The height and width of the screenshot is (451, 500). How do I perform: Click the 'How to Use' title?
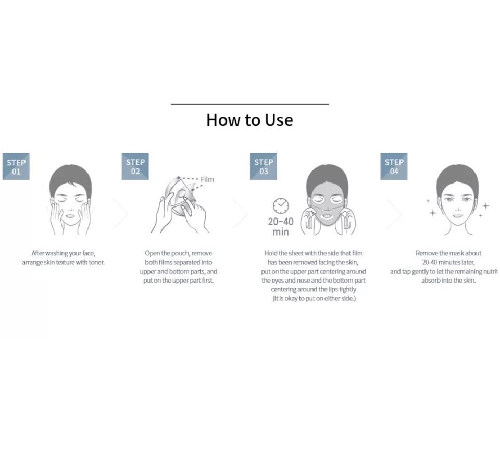(x=249, y=120)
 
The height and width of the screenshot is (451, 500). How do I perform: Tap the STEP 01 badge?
(x=16, y=167)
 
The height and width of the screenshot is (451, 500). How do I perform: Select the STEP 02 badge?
(x=135, y=167)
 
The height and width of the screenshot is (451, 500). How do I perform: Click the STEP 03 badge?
(x=264, y=167)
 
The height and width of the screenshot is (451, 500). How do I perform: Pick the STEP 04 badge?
(x=394, y=167)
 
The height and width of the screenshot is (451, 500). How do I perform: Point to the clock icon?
(x=281, y=206)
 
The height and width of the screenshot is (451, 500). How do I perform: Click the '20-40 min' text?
(x=281, y=227)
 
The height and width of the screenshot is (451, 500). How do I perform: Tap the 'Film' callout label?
(x=207, y=180)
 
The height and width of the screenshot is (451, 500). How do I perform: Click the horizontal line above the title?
(x=249, y=104)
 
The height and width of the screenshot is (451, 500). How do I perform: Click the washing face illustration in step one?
(x=70, y=201)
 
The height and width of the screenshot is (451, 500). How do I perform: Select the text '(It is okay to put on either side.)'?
(x=314, y=299)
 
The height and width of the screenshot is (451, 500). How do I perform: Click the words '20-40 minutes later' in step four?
(x=448, y=262)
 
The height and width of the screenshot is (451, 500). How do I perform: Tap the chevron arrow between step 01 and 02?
(x=120, y=213)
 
